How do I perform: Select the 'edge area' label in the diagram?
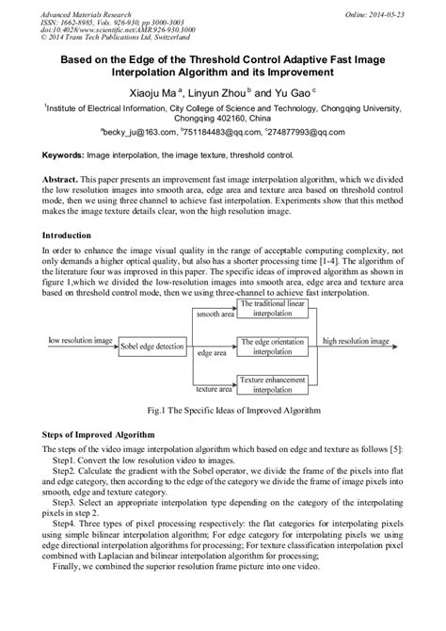point(212,353)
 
